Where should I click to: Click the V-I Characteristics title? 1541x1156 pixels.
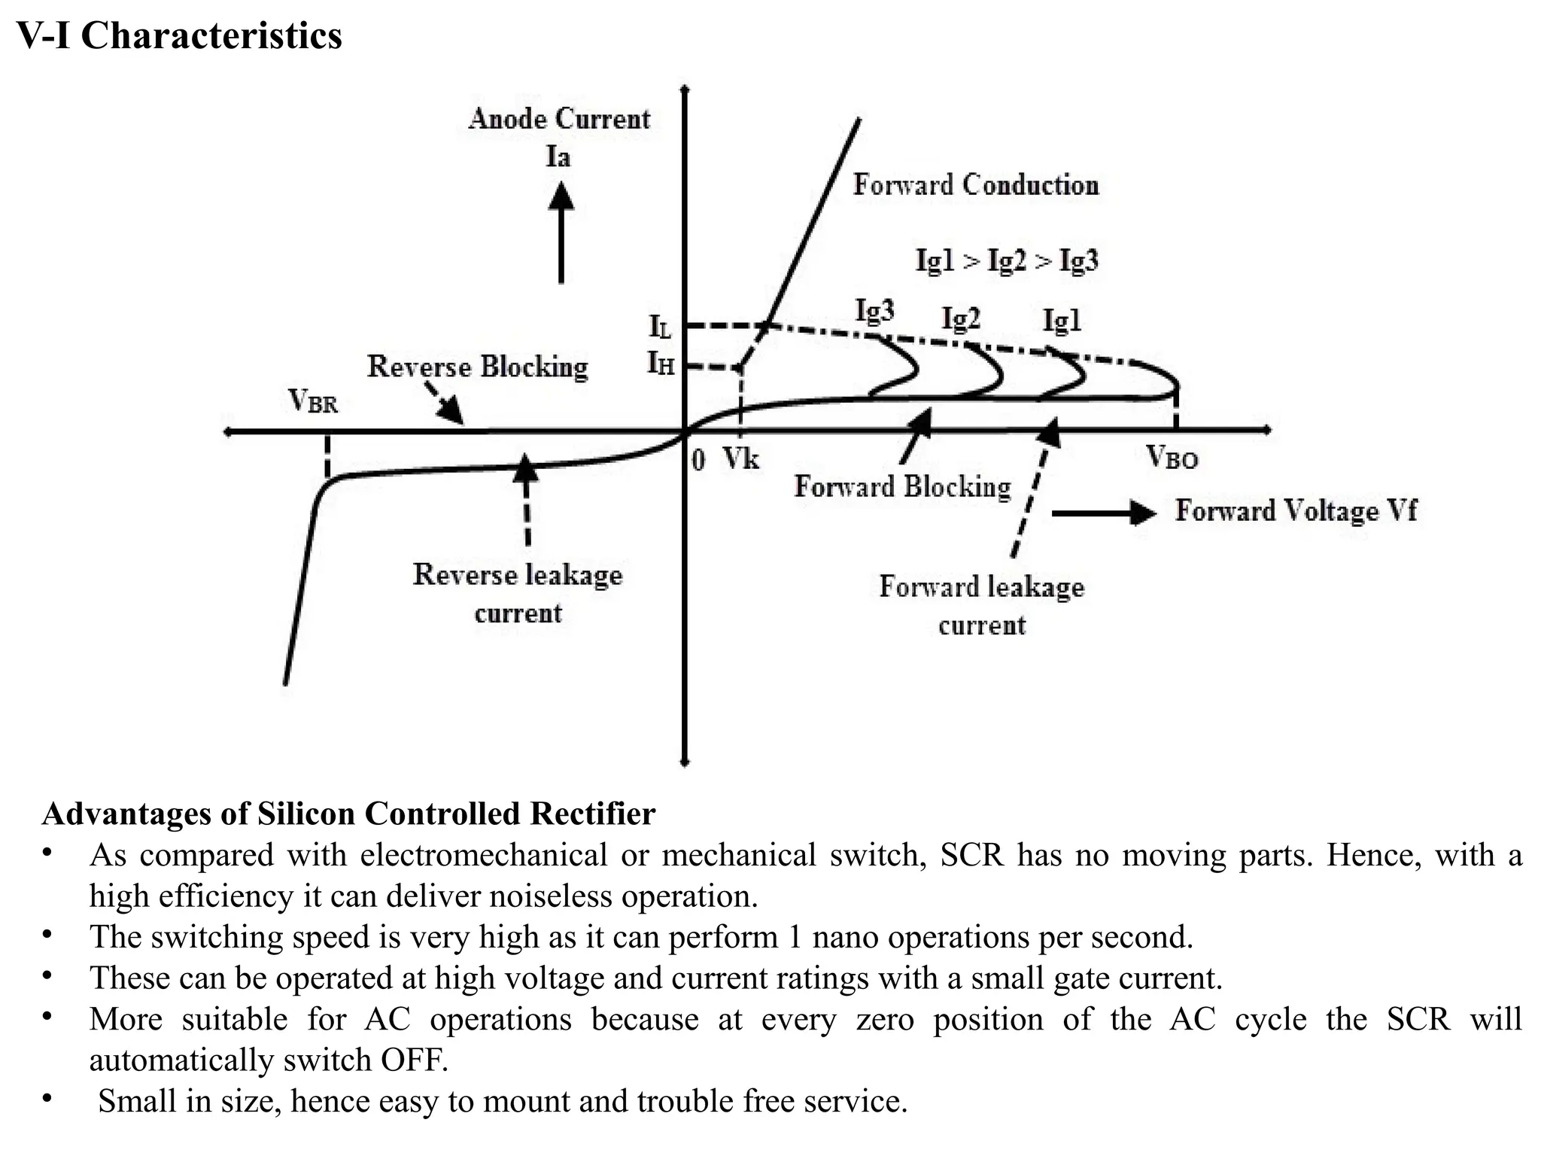(179, 36)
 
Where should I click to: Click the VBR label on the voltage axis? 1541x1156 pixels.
(313, 401)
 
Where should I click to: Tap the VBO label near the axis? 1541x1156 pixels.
(1172, 457)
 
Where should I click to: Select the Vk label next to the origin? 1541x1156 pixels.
(741, 458)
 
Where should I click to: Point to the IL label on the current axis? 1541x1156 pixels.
(660, 327)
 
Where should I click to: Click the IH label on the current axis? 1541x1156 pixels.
(661, 364)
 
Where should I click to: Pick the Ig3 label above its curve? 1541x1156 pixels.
(874, 310)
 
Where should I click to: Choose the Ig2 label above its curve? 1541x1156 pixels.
(961, 319)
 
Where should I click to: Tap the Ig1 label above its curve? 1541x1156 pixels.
(1062, 321)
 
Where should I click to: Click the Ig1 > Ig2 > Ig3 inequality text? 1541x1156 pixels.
(1007, 260)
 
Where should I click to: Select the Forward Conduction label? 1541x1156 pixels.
(975, 185)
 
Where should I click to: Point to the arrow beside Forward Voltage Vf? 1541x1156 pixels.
(1103, 513)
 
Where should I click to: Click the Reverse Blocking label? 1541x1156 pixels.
(477, 367)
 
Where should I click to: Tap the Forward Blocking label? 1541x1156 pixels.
(902, 487)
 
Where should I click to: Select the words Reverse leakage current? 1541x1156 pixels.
(518, 593)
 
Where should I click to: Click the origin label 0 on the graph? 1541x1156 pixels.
(698, 460)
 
